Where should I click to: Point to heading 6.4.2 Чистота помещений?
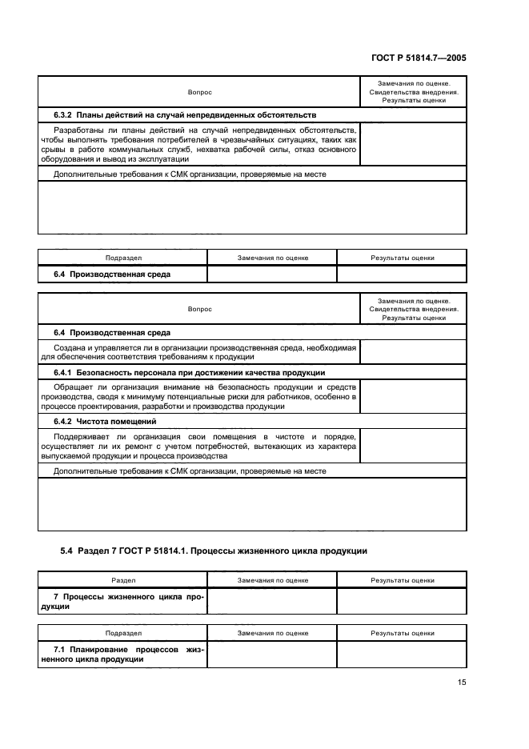pos(105,421)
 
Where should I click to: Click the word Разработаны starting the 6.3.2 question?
pos(78,129)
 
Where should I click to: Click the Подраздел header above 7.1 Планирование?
pos(122,632)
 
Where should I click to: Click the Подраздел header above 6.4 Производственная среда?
pos(122,258)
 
